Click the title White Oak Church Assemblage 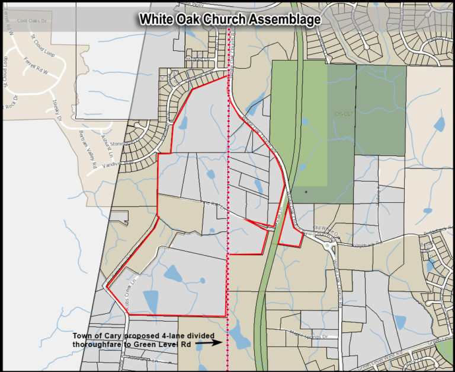(x=230, y=19)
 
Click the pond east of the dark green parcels (x=439, y=125)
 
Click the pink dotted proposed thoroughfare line (x=229, y=178)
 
